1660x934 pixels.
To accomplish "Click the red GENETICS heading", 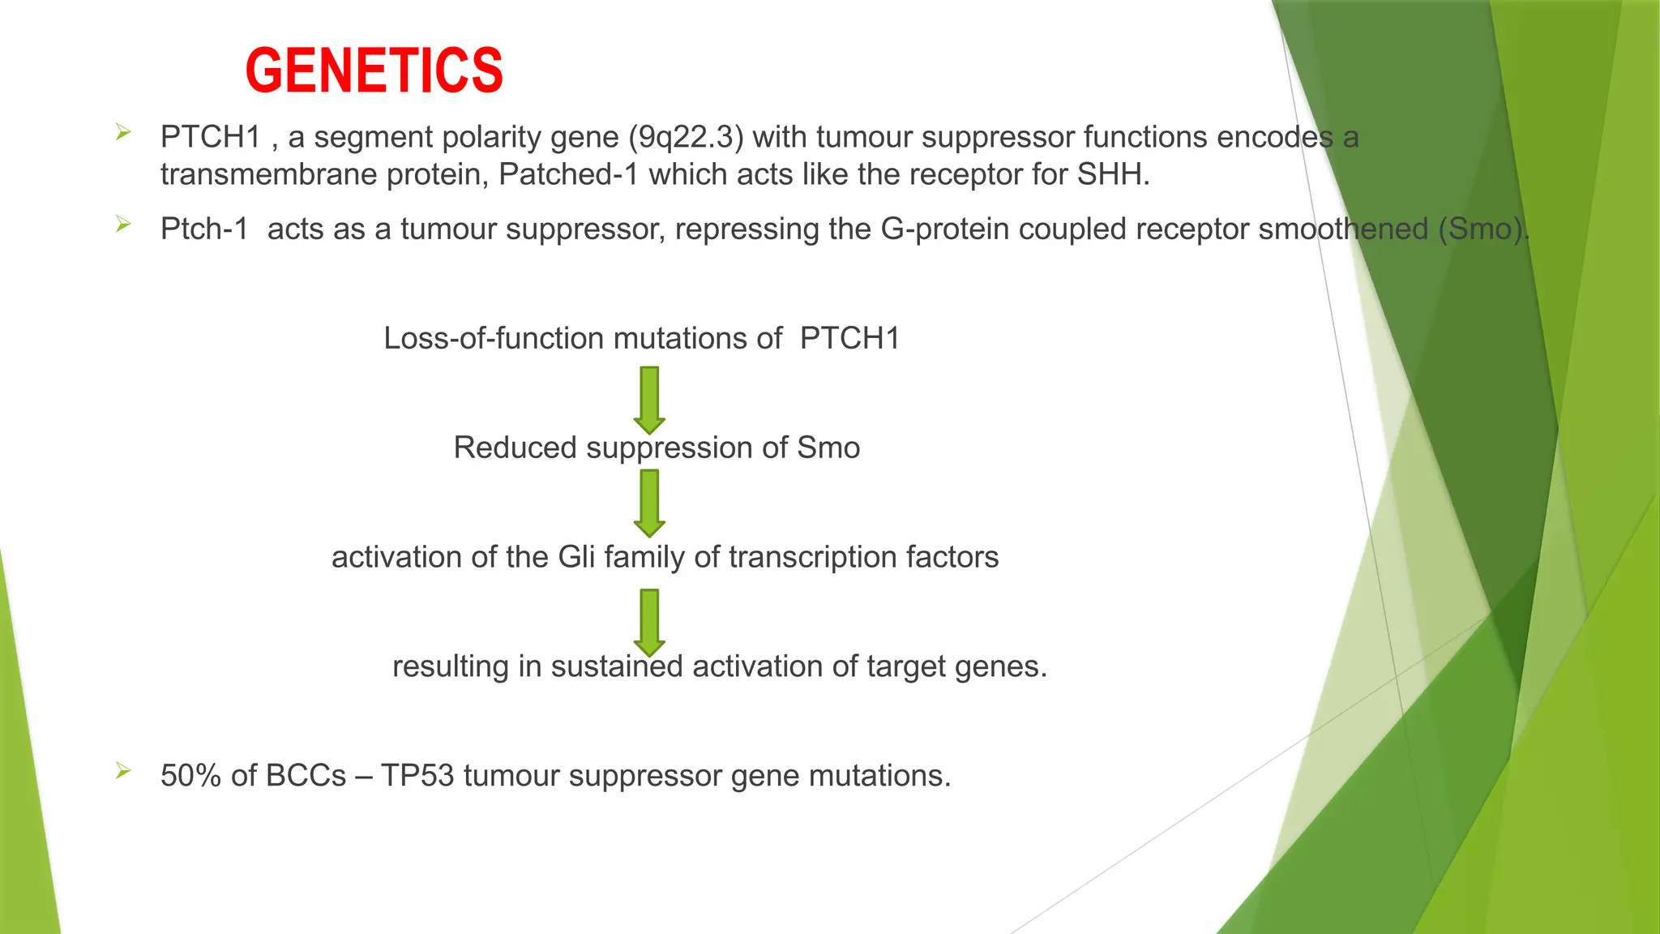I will [x=374, y=71].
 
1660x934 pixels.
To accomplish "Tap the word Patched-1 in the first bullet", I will [x=569, y=174].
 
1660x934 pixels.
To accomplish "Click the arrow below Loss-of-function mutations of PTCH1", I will [x=649, y=400].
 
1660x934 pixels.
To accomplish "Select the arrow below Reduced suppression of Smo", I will [x=649, y=503].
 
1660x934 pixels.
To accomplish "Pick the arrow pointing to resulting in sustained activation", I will [x=649, y=623].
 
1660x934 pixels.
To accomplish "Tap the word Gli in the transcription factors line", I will [x=576, y=557].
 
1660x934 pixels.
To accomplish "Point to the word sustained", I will [x=617, y=666].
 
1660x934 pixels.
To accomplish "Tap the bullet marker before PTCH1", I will [x=123, y=132].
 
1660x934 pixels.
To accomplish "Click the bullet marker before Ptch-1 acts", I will [x=123, y=225].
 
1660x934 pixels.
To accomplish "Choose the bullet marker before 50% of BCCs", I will [x=123, y=771].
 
